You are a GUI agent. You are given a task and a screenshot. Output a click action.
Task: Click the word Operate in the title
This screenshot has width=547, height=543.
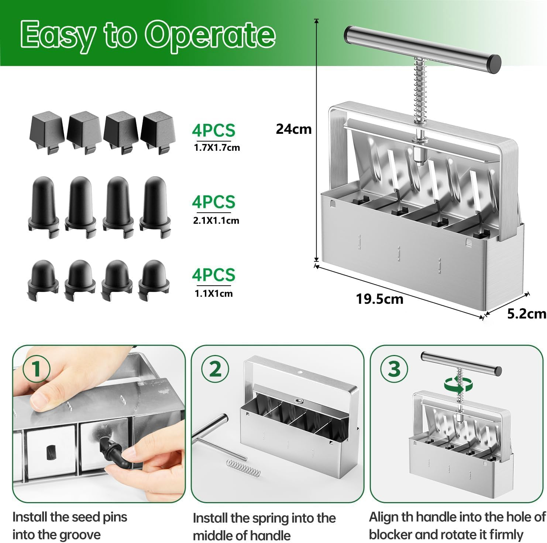point(210,35)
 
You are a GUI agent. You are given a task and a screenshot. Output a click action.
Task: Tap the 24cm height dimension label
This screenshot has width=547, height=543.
point(293,129)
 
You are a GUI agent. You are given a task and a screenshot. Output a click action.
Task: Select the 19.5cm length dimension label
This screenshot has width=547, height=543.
point(379,299)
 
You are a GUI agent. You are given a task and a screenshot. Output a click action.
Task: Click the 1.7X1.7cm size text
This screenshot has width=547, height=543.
point(217,148)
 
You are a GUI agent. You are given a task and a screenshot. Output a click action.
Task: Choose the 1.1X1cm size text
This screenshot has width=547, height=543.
point(214,293)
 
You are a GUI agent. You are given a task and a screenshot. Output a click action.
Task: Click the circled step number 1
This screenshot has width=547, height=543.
point(36,369)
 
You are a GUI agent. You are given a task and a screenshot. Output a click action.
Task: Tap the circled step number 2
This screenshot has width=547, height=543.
point(215,369)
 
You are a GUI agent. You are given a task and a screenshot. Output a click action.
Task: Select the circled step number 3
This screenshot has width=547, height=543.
point(394,369)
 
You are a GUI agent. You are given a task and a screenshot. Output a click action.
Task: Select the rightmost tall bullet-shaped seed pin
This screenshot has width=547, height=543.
point(155,206)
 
